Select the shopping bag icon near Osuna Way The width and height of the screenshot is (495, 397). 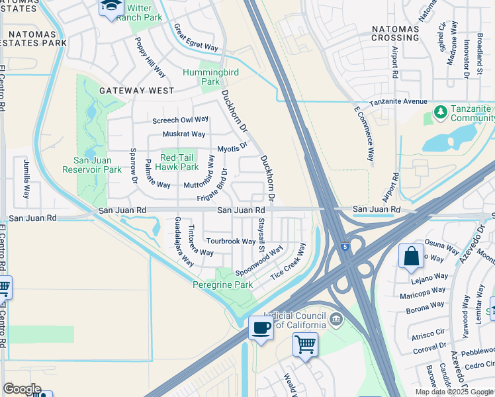coord(411,257)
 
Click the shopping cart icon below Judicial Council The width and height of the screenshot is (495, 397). coord(305,344)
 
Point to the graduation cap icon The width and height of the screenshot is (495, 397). coord(110,7)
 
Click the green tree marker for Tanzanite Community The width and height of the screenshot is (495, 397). coord(439,112)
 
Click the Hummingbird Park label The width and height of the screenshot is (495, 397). coord(201,77)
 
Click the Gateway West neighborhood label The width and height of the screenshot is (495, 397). coord(136,91)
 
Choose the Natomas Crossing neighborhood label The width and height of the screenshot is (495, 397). coord(395,33)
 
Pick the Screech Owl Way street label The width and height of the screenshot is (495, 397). coord(180,120)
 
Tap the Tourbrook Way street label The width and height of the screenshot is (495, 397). coord(230,242)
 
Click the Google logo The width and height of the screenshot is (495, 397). coord(22,389)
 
